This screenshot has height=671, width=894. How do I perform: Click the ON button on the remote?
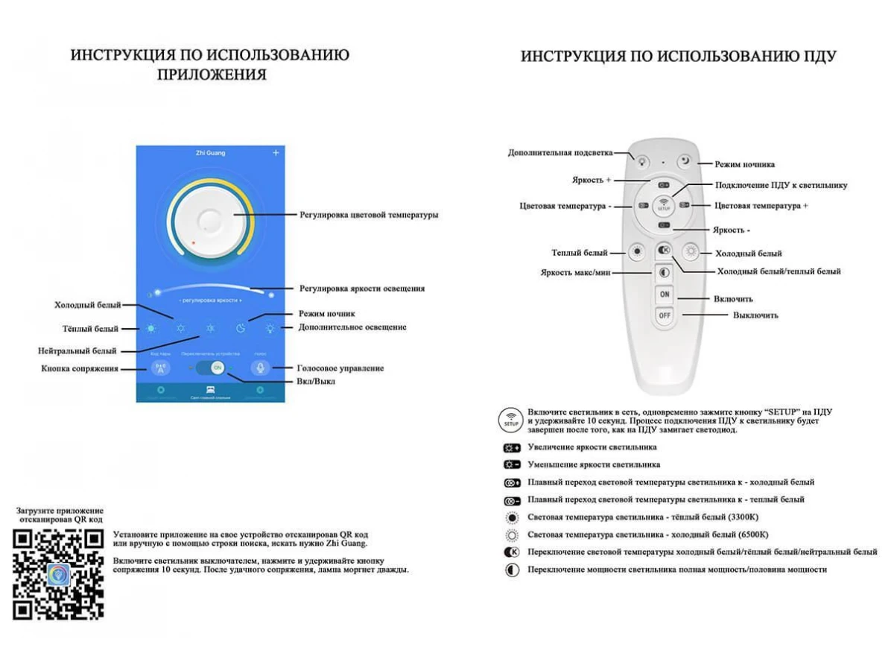(x=665, y=294)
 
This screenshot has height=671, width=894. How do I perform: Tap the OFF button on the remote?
(x=665, y=315)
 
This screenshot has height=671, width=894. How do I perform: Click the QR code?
(x=58, y=574)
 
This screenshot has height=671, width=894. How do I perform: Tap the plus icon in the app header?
(x=276, y=153)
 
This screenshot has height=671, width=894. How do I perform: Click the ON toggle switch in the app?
(x=218, y=368)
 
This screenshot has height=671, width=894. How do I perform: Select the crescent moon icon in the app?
(x=241, y=327)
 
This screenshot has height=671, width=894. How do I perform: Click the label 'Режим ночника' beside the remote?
(x=744, y=164)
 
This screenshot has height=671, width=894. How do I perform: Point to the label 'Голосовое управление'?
(x=340, y=368)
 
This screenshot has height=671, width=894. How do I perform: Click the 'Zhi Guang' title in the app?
(x=209, y=153)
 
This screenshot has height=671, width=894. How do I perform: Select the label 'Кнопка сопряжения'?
(x=79, y=368)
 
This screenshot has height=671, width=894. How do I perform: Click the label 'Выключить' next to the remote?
(x=755, y=315)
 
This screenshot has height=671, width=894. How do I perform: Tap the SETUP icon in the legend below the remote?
(x=511, y=419)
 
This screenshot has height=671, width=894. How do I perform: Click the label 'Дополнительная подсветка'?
(x=560, y=153)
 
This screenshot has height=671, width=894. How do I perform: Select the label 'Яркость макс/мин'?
(x=575, y=273)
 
